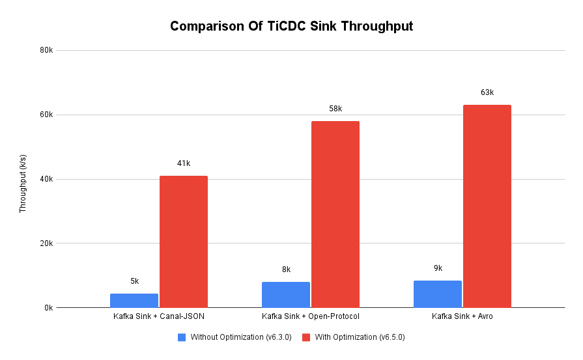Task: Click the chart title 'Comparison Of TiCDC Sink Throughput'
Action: tap(291, 27)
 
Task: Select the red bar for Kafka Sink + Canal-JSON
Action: tap(184, 242)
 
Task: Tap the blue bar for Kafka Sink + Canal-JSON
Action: tap(134, 301)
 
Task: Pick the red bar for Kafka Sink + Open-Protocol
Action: tap(335, 214)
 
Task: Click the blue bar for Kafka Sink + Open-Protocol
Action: tap(286, 295)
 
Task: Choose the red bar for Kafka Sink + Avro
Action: tap(487, 206)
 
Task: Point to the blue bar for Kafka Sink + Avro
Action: tap(438, 294)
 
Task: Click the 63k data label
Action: tap(487, 92)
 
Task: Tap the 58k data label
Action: tap(335, 109)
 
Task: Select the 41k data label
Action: tap(184, 163)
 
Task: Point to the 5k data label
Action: tap(134, 281)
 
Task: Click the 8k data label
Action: tap(286, 270)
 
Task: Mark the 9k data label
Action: tap(438, 268)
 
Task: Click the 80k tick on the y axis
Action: tap(46, 51)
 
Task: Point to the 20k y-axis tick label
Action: tap(46, 243)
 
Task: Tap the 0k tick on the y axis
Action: tap(48, 308)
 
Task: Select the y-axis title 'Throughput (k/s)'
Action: tap(23, 184)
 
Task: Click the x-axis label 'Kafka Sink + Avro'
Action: tap(462, 317)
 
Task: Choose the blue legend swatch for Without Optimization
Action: tap(182, 337)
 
